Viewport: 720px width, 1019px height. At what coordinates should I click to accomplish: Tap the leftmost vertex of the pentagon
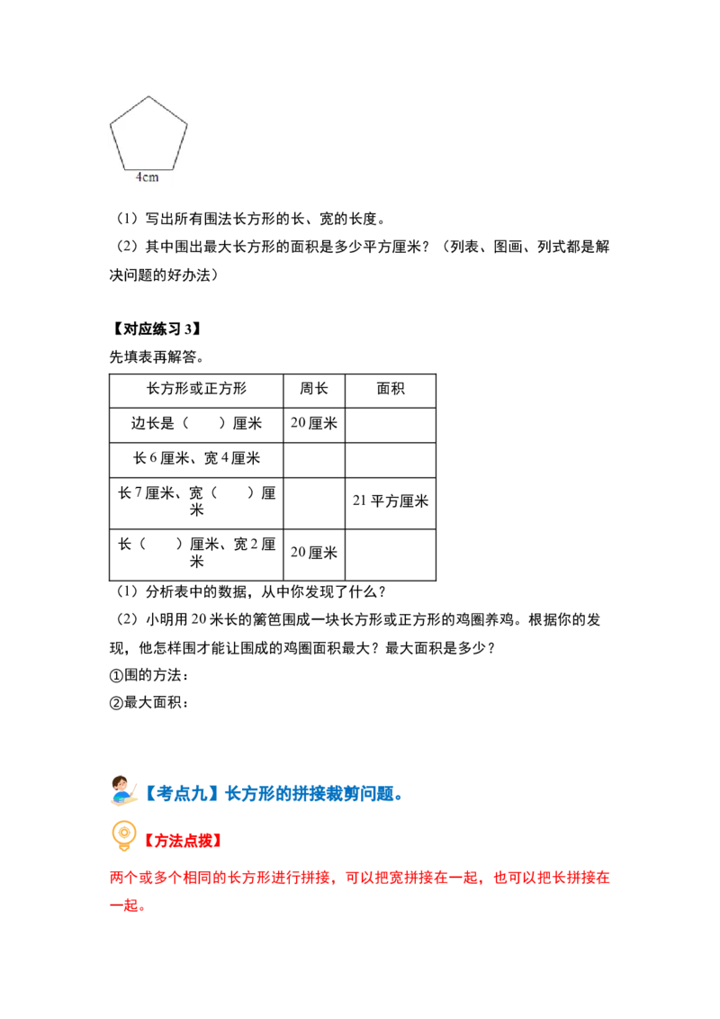tap(111, 125)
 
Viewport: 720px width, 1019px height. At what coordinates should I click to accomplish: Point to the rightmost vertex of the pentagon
tap(188, 125)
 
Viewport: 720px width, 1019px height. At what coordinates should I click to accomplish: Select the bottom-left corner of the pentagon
tap(125, 168)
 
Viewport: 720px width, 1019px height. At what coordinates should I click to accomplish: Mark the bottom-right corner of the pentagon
tap(174, 168)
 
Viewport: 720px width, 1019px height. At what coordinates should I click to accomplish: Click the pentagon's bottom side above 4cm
tap(149, 168)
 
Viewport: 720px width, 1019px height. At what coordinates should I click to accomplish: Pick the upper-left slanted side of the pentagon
tap(130, 112)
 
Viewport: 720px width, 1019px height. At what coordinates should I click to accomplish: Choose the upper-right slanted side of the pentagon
tap(168, 112)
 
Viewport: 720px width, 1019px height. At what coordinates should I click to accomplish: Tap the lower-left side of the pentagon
tap(118, 147)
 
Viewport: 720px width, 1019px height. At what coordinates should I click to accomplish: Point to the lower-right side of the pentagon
tap(181, 147)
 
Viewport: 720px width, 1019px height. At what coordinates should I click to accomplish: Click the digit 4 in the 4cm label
tap(139, 177)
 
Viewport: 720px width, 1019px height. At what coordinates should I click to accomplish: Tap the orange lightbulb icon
tap(123, 835)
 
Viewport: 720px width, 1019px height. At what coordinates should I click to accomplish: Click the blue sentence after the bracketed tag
tap(311, 794)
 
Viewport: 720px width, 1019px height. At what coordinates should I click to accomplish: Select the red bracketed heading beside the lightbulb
tap(184, 840)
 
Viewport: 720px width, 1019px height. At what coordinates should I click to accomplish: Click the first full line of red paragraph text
tap(360, 876)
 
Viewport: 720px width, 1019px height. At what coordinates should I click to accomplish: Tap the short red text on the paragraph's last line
tap(125, 905)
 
